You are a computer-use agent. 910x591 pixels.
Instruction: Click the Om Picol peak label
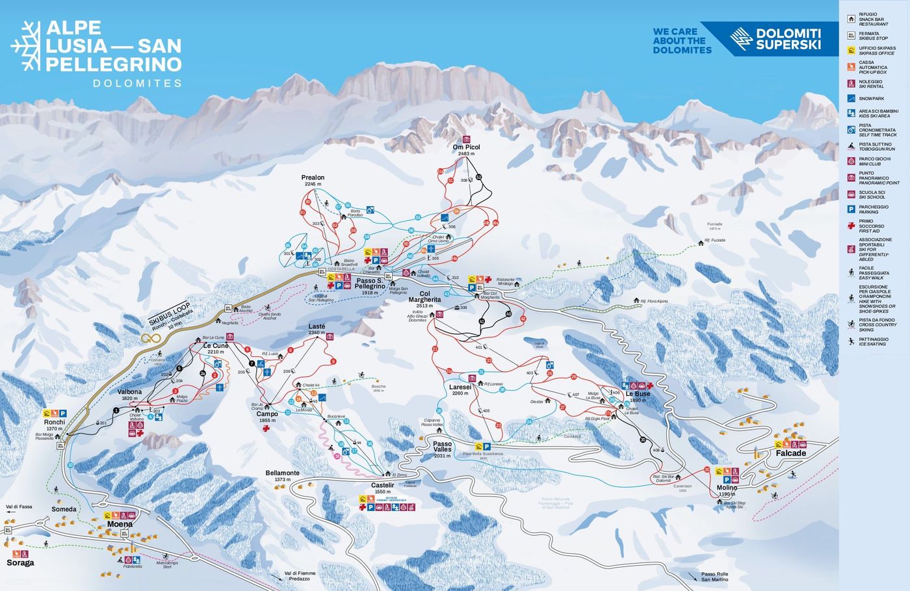(x=466, y=150)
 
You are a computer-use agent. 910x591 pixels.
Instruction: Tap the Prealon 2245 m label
(x=313, y=180)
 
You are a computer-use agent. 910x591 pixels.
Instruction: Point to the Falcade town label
(x=790, y=453)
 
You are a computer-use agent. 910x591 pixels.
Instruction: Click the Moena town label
(x=120, y=524)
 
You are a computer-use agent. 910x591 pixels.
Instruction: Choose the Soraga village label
(x=20, y=562)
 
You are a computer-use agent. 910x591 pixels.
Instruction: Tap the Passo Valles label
(x=443, y=449)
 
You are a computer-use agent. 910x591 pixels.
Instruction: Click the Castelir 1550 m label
(x=383, y=488)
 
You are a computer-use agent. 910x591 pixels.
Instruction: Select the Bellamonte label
(x=282, y=476)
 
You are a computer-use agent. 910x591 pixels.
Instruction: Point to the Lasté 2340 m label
(x=317, y=329)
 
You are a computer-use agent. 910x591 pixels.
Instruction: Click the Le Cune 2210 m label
(x=216, y=348)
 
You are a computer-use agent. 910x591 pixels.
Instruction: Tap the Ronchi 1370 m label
(x=55, y=425)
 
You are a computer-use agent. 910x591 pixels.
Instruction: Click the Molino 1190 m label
(x=727, y=490)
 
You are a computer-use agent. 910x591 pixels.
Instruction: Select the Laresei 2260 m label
(x=460, y=389)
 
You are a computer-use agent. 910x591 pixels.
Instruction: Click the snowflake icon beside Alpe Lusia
(x=26, y=46)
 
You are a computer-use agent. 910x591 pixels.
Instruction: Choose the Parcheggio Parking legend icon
(x=851, y=209)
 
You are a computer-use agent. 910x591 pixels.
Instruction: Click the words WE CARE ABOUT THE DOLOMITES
(x=682, y=40)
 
